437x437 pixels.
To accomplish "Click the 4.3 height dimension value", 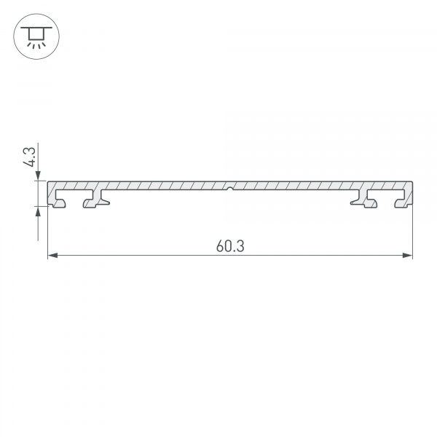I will (29, 158).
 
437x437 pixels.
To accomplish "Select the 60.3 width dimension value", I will (229, 246).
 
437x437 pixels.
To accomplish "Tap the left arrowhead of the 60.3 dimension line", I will (52, 256).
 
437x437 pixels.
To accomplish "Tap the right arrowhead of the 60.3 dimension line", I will (408, 256).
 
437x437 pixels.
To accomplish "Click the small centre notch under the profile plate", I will (229, 191).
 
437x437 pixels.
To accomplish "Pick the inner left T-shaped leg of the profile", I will (94, 200).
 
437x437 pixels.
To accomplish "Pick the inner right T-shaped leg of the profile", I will (364, 200).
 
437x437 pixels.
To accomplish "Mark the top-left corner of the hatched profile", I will (48, 182).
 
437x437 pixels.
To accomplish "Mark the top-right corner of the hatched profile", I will (412, 182).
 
